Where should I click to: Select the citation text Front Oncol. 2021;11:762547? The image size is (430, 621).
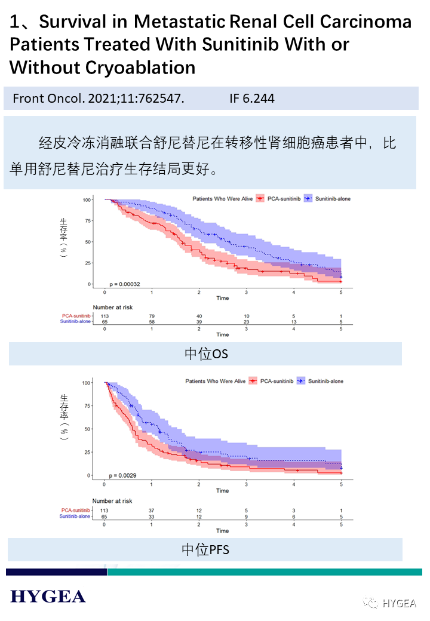[x=99, y=99]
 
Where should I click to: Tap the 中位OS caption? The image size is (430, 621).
[x=206, y=354]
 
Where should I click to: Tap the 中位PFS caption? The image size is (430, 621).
[x=205, y=549]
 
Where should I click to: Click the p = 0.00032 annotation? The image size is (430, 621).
[x=124, y=284]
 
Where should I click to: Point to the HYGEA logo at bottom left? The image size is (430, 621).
[x=48, y=596]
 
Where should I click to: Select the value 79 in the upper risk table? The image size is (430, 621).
[x=152, y=316]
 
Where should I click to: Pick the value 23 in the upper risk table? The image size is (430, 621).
[x=247, y=322]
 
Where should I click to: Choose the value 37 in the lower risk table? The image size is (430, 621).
[x=152, y=511]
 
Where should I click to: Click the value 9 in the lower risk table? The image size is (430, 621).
[x=247, y=517]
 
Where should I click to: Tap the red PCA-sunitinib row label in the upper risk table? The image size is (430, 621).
[x=76, y=316]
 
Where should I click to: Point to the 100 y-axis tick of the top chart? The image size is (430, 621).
[x=87, y=199]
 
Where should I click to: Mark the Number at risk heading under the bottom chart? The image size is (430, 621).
[x=112, y=501]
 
